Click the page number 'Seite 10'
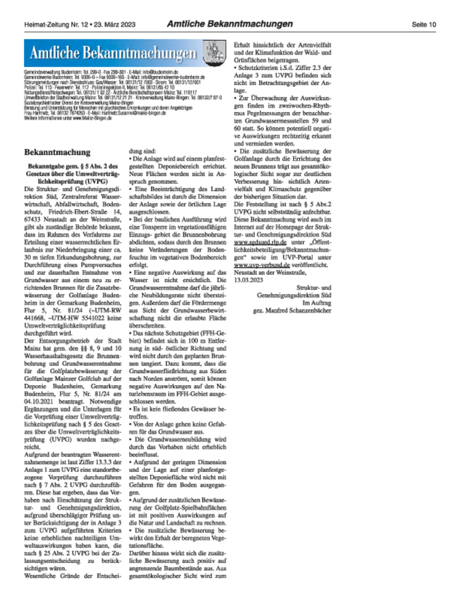pyautogui.click(x=424, y=25)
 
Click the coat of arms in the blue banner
pyautogui.click(x=214, y=53)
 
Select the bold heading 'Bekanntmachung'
pyautogui.click(x=57, y=152)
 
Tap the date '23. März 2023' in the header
pyautogui.click(x=114, y=25)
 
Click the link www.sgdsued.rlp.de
pyautogui.click(x=260, y=242)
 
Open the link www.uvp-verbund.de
pyautogui.click(x=262, y=265)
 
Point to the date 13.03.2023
pyautogui.click(x=248, y=280)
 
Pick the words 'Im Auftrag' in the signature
pyautogui.click(x=317, y=303)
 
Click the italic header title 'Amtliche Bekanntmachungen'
pyautogui.click(x=229, y=24)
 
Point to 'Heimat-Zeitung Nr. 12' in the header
pyautogui.click(x=56, y=25)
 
